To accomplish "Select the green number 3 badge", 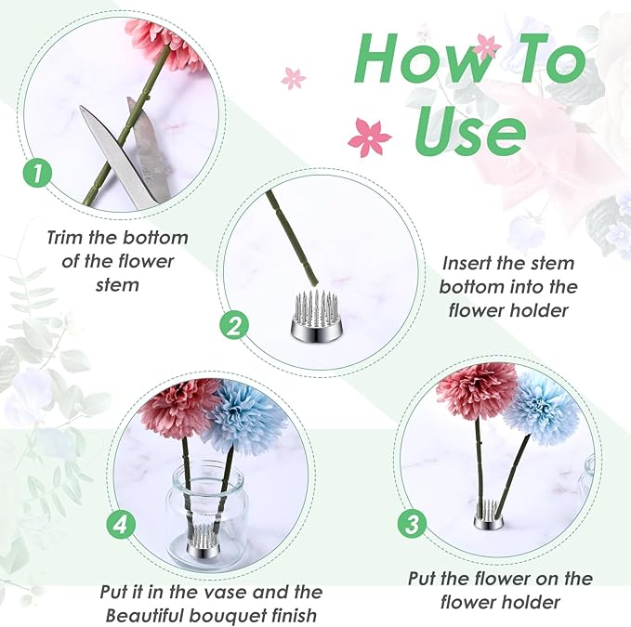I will click(x=412, y=523).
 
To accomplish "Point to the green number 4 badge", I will click(x=119, y=525).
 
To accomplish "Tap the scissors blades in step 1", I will click(x=129, y=153).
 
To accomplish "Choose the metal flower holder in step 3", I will click(x=490, y=518).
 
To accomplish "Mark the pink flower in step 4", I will click(x=178, y=407).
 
